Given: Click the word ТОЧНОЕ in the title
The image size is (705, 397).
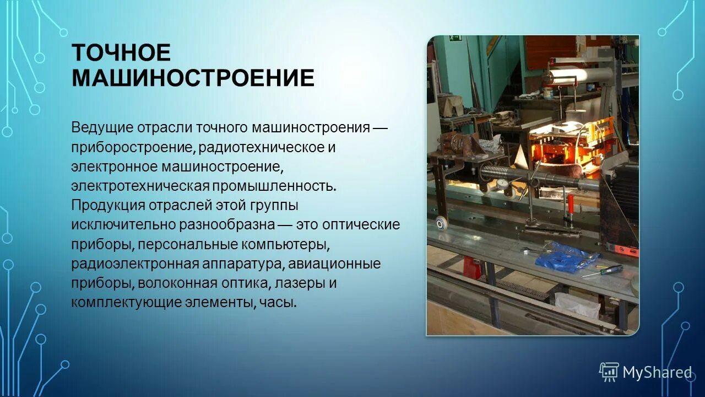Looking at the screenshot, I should click(x=121, y=53).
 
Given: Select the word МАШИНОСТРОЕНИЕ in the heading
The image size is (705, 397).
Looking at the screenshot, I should click(x=193, y=78).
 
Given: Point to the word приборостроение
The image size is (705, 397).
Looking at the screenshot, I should click(x=132, y=148).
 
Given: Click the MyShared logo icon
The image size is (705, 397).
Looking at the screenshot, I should click(x=609, y=372).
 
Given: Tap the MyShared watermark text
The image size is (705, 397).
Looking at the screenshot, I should click(x=657, y=373).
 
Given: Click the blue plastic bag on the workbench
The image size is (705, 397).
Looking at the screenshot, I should click(x=565, y=254).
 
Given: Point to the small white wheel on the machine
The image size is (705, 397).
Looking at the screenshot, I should click(x=441, y=224).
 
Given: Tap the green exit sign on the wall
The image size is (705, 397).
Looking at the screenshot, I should click(x=455, y=39).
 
